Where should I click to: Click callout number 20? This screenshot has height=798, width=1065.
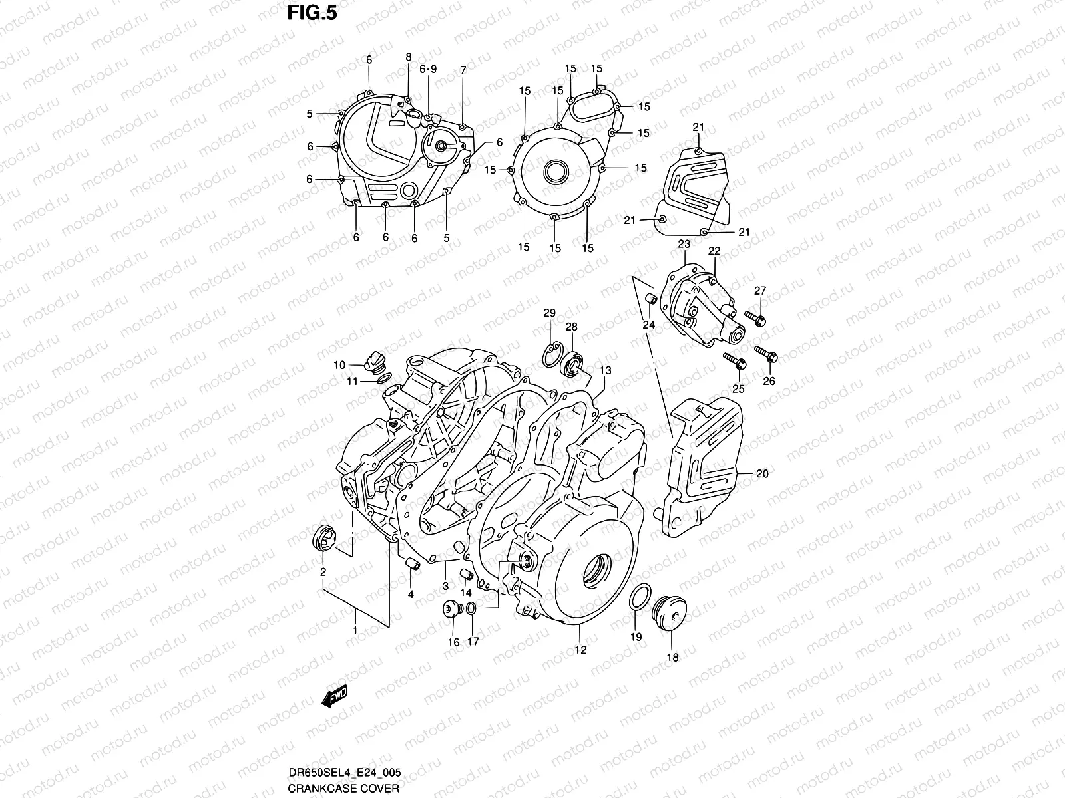pyautogui.click(x=763, y=474)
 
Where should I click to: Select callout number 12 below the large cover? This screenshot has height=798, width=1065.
pyautogui.click(x=580, y=650)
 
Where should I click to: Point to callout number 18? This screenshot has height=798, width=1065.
pyautogui.click(x=672, y=658)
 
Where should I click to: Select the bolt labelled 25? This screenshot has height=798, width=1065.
pyautogui.click(x=734, y=362)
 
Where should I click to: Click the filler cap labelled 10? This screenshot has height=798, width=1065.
pyautogui.click(x=375, y=362)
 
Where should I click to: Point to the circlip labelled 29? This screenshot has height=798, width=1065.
pyautogui.click(x=550, y=354)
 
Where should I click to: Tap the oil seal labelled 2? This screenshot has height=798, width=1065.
pyautogui.click(x=323, y=537)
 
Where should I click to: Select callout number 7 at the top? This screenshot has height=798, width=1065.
pyautogui.click(x=463, y=70)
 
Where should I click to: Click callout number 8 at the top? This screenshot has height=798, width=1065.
pyautogui.click(x=409, y=57)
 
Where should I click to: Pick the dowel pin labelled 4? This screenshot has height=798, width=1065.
pyautogui.click(x=413, y=565)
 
